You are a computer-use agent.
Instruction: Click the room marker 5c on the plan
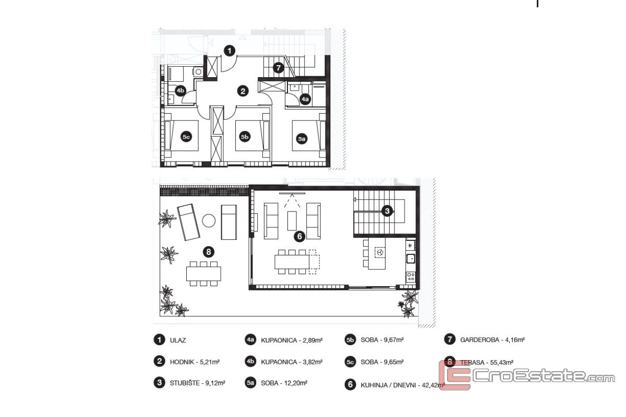click(186, 137)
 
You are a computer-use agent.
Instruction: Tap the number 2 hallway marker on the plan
click(243, 91)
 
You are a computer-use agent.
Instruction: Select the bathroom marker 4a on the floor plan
click(305, 99)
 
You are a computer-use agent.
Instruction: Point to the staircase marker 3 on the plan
click(387, 211)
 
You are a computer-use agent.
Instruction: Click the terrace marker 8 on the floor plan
click(209, 252)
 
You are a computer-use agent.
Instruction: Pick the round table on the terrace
click(209, 220)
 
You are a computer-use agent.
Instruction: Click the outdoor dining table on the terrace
click(203, 274)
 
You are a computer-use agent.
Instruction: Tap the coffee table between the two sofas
click(292, 220)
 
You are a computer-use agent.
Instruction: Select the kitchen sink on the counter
click(411, 259)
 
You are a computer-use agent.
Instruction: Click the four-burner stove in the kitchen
click(411, 277)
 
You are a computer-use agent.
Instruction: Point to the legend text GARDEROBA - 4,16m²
click(492, 340)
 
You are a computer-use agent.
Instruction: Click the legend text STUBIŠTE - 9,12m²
click(198, 383)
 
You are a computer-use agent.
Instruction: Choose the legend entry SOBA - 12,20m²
click(284, 383)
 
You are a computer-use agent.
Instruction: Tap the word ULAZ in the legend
click(178, 340)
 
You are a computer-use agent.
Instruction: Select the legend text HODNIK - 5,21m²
click(195, 362)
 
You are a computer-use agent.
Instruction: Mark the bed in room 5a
click(309, 136)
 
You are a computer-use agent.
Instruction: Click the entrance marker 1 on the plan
click(230, 51)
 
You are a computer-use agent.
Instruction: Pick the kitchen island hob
click(380, 252)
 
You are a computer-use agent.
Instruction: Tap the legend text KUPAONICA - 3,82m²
click(292, 362)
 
